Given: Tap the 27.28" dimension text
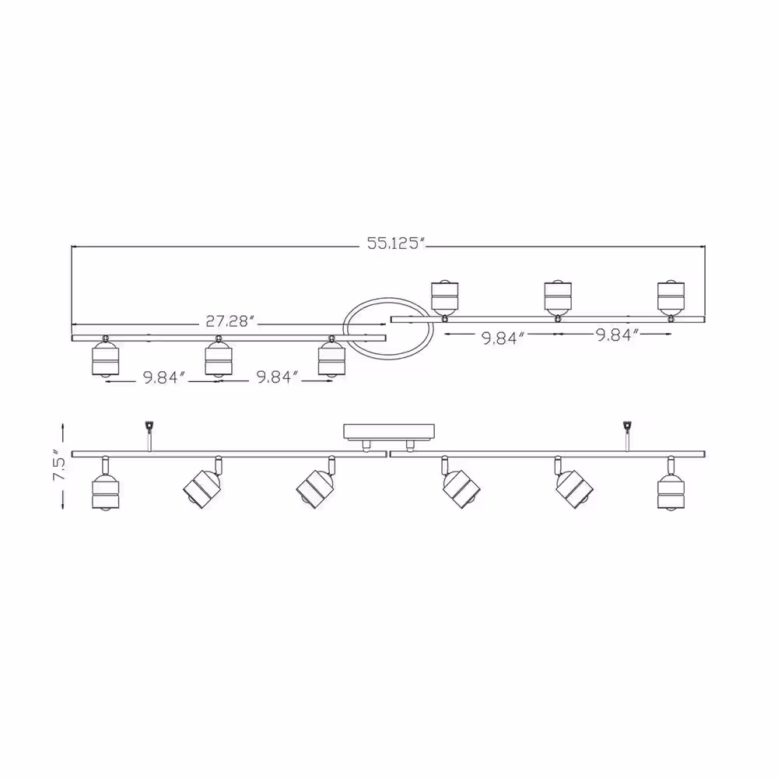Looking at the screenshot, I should (230, 321).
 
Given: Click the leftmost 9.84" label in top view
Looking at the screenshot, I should (163, 378).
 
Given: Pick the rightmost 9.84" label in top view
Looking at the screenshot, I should (617, 334).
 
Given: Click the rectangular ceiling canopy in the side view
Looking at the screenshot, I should (390, 431).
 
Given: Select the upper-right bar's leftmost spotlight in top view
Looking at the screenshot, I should (444, 297).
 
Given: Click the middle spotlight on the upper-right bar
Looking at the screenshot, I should (557, 297).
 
